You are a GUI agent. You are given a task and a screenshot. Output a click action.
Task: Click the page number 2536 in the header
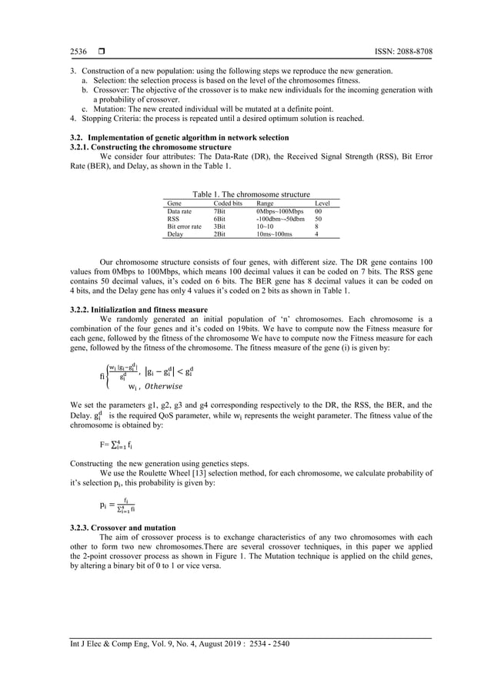click(78, 51)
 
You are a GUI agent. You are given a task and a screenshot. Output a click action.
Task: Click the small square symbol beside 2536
click(100, 51)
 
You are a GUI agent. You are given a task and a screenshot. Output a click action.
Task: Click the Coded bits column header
click(228, 203)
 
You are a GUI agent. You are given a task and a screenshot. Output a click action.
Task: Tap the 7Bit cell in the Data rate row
click(219, 211)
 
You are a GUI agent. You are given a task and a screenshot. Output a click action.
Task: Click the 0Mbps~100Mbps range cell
click(279, 211)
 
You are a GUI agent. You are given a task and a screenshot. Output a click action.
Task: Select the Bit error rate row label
click(184, 227)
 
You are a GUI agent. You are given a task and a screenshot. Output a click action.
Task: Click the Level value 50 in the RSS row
click(319, 219)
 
